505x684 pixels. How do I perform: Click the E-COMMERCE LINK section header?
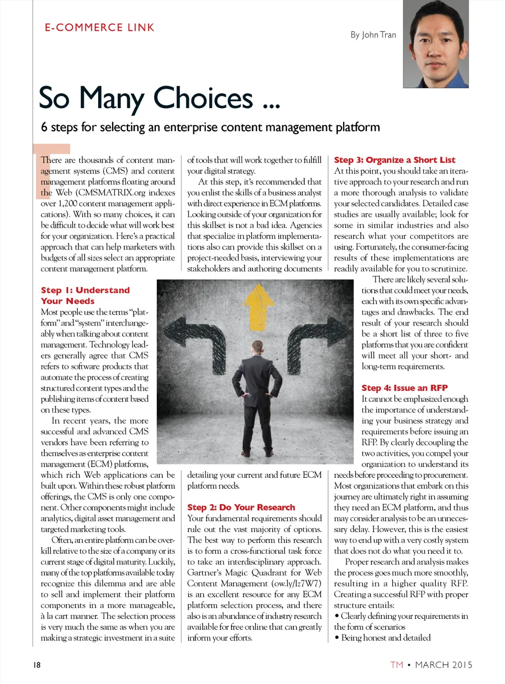100,28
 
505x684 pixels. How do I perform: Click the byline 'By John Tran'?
373,35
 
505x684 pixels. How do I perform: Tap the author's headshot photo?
435,44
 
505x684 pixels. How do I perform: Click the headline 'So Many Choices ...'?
159,98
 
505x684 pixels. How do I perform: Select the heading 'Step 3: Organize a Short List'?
395,160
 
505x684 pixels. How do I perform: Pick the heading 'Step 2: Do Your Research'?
241,507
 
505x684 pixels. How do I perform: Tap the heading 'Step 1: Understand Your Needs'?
85,295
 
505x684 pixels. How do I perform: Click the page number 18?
37,665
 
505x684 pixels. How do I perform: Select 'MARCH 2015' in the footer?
443,665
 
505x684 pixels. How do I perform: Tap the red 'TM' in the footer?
397,665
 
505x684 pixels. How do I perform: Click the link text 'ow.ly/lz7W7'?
296,583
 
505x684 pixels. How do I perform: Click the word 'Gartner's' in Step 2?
207,573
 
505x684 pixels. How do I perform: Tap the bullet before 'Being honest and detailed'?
337,638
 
